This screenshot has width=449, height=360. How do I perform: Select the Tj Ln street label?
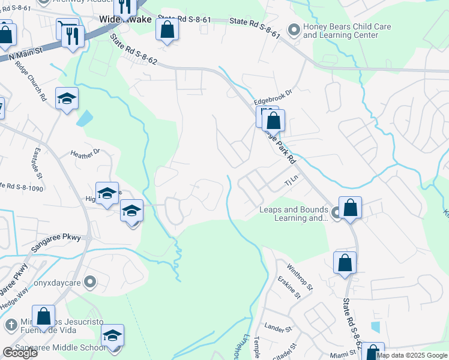point(291,179)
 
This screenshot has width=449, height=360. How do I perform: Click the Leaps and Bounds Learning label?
point(294,214)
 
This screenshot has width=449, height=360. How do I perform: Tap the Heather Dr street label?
point(85,155)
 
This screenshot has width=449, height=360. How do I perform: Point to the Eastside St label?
point(37,163)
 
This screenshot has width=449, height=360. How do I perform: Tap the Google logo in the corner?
point(19,353)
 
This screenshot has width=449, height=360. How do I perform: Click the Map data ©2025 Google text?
point(412,355)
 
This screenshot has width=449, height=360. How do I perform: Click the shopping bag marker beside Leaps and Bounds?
point(350,208)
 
